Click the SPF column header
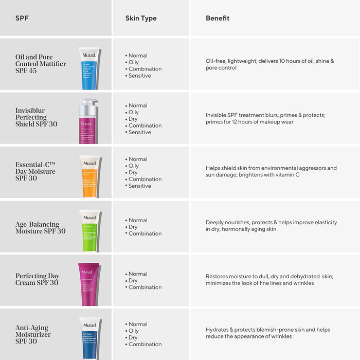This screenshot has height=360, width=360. (x=22, y=19)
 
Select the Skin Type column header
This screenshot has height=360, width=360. (x=141, y=19)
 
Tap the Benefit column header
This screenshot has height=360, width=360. (x=218, y=19)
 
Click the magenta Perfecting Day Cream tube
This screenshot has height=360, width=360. (x=89, y=284)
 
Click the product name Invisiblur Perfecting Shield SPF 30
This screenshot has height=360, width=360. (x=37, y=117)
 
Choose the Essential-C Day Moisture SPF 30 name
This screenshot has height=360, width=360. (x=35, y=171)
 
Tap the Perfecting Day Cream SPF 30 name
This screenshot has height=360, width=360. (x=37, y=279)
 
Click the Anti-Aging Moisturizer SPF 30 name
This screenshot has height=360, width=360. (x=33, y=334)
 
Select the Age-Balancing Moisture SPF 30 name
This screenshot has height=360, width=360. (x=40, y=228)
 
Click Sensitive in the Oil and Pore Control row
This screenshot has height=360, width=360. (x=139, y=76)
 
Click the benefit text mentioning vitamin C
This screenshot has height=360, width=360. (x=271, y=172)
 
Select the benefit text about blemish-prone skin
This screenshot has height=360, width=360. (x=267, y=333)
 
